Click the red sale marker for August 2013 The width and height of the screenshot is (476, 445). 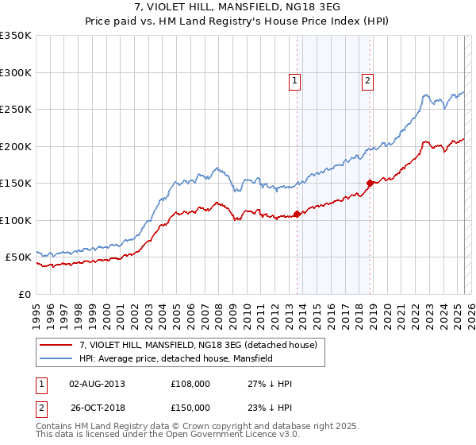pos(297,214)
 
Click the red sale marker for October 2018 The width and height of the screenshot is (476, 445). pos(370,183)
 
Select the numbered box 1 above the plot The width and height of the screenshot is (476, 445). pos(294,79)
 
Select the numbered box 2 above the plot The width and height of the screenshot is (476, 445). pos(369,79)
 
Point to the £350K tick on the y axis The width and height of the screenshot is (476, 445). pos(16,36)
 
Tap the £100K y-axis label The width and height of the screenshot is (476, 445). pos(16,220)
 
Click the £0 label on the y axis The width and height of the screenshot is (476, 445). pos(23,294)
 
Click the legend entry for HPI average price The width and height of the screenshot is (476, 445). pos(175,359)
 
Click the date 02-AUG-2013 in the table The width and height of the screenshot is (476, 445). pos(98,384)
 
